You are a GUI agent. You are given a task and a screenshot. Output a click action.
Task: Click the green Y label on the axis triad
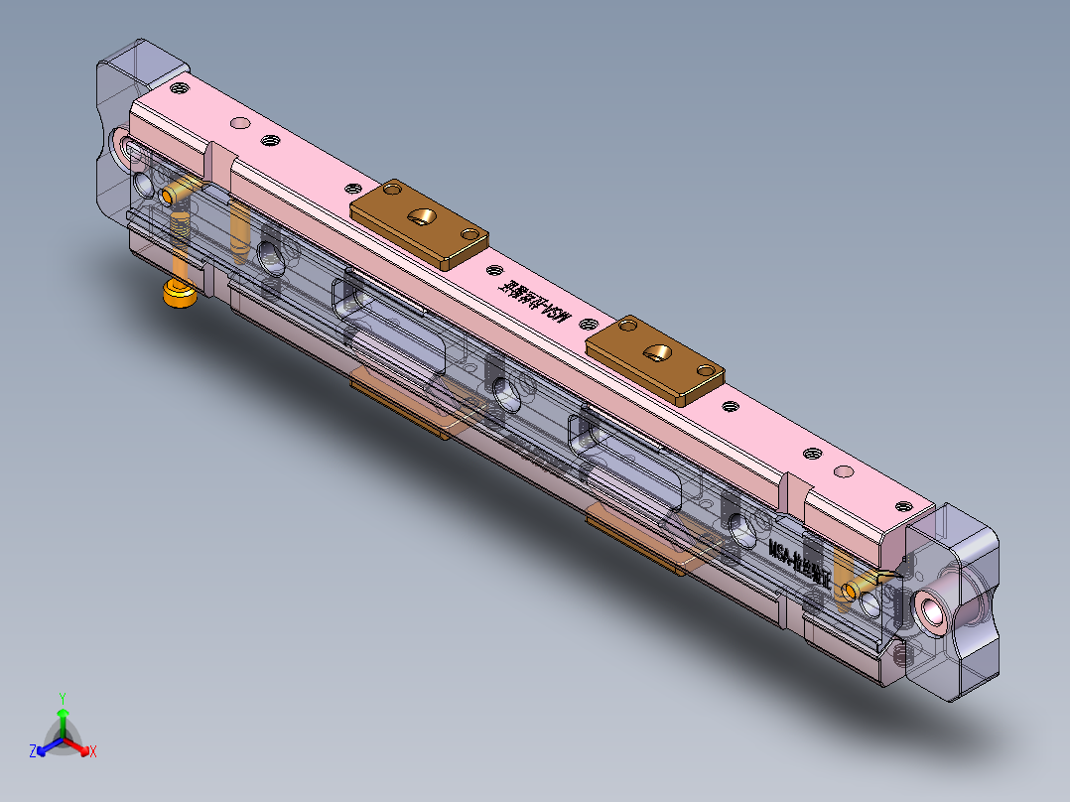(62, 698)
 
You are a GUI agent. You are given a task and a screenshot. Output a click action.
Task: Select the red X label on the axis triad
(93, 752)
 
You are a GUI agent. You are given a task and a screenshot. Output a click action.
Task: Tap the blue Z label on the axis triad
(33, 752)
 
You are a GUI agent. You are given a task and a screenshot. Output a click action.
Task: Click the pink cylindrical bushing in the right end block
(935, 606)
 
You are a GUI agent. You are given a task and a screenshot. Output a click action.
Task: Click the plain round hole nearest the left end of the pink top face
(239, 123)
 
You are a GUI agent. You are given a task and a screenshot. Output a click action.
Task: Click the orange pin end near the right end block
(851, 591)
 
